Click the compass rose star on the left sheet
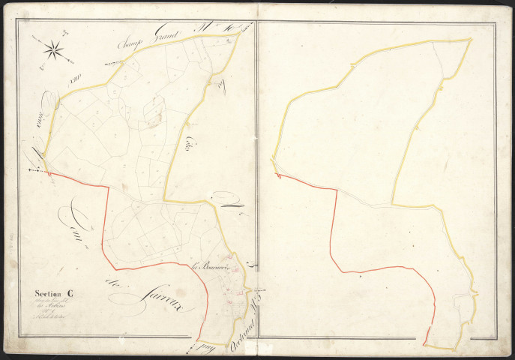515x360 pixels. click(x=54, y=49)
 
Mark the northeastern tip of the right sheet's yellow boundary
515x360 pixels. click(x=471, y=38)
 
